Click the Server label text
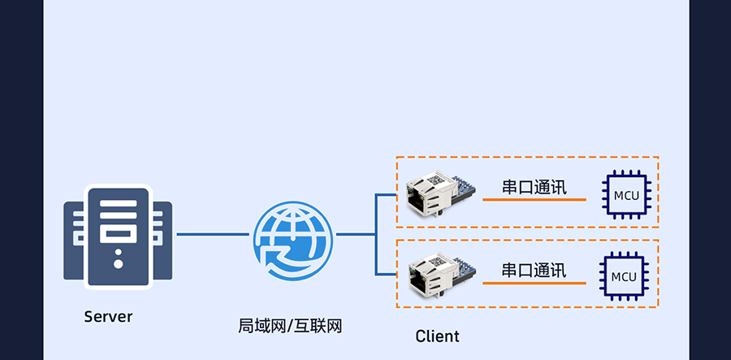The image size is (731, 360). (x=107, y=316)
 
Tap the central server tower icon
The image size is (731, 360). (x=119, y=236)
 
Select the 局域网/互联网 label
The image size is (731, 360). (x=290, y=327)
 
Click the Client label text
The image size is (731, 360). (x=437, y=336)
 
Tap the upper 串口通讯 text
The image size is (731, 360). (x=534, y=188)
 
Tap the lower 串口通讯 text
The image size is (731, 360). (x=534, y=270)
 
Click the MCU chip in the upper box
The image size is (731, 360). (x=625, y=195)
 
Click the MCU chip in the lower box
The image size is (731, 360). (x=623, y=276)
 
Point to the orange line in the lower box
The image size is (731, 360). (x=534, y=284)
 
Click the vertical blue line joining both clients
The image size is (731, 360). (x=376, y=235)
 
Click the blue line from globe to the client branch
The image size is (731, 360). (x=354, y=235)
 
